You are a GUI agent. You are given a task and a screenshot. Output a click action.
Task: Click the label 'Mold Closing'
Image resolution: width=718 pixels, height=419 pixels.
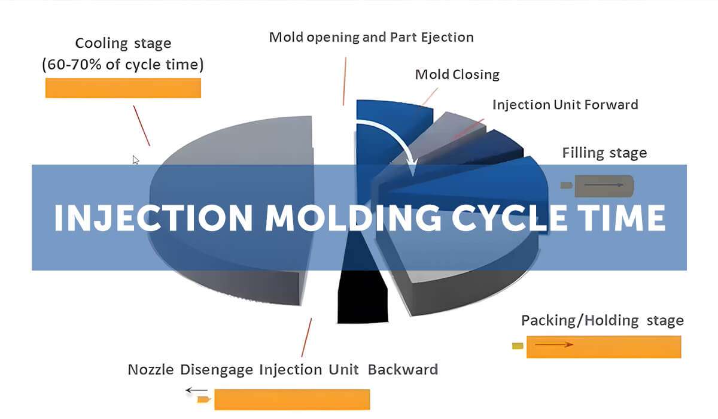(x=457, y=75)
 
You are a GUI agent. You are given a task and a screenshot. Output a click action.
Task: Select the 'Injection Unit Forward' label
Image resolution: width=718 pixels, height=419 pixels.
(x=565, y=105)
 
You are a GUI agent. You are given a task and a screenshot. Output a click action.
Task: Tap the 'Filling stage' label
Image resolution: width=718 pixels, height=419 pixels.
(x=604, y=153)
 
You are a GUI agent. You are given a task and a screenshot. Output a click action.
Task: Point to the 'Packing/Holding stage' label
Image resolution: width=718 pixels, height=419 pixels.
(x=602, y=320)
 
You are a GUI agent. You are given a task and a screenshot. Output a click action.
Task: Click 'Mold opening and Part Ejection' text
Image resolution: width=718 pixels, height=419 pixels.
(x=371, y=37)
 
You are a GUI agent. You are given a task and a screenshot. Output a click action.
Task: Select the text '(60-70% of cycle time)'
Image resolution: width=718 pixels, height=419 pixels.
(x=123, y=65)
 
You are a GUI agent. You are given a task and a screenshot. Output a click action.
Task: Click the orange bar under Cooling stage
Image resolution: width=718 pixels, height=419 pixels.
(x=123, y=87)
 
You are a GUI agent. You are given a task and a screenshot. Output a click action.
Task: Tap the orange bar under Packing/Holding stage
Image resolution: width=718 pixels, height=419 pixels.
(x=603, y=347)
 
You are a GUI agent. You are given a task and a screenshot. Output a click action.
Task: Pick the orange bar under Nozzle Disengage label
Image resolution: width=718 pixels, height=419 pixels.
(x=291, y=399)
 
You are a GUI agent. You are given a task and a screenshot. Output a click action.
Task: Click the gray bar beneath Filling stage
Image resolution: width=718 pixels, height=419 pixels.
(x=603, y=186)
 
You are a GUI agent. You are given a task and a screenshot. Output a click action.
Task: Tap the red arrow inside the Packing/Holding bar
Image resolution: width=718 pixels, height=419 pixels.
(x=553, y=345)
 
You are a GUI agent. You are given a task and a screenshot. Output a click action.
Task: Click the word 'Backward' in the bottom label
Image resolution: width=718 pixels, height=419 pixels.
(x=403, y=369)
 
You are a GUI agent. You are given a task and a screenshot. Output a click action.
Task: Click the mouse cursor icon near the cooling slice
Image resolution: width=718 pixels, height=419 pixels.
(x=136, y=160)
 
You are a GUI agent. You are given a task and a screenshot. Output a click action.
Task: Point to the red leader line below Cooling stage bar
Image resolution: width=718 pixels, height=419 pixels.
(x=141, y=125)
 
